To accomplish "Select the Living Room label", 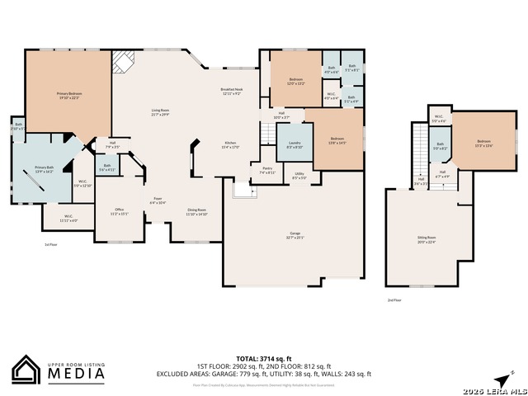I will pyautogui.click(x=159, y=111).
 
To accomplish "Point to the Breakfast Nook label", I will pyautogui.click(x=231, y=91).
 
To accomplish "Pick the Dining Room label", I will pyautogui.click(x=196, y=211).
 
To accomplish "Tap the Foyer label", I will pyautogui.click(x=158, y=200).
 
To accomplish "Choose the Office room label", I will pyautogui.click(x=119, y=210).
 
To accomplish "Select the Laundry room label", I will pyautogui.click(x=294, y=144).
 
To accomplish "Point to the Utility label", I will pyautogui.click(x=299, y=175).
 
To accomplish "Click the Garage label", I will pyautogui.click(x=295, y=235).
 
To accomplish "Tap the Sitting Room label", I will pyautogui.click(x=426, y=238).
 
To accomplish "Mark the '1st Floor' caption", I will pyautogui.click(x=51, y=245).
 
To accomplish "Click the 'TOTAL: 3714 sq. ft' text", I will pyautogui.click(x=264, y=359).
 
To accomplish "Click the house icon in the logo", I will pyautogui.click(x=26, y=369).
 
